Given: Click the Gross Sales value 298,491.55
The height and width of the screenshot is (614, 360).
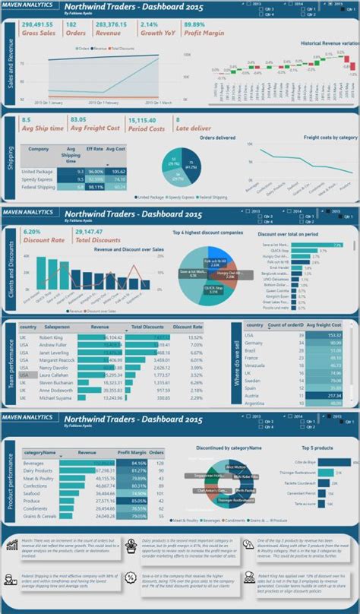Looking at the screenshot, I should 40,24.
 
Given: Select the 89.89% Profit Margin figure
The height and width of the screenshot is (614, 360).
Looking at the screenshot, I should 195,24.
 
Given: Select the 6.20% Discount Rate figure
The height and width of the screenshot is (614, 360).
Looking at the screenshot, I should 32,231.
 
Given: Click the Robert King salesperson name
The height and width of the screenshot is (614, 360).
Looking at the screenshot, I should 52,337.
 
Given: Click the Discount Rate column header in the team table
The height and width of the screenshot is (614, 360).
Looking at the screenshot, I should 187,326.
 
